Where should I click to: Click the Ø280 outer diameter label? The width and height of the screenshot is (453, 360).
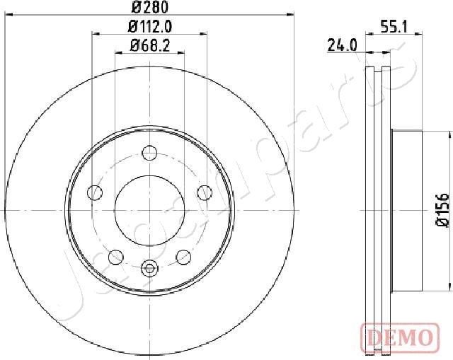pos(149,8)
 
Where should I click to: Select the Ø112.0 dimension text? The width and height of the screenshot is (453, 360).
pos(150,29)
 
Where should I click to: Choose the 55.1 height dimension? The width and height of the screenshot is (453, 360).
pos(394,28)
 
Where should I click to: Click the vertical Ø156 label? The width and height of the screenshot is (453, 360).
pos(442,210)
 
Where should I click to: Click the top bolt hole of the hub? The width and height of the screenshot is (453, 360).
pos(149,152)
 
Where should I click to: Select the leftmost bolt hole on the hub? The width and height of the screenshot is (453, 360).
pos(94,192)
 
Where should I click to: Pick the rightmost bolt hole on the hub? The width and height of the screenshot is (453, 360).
pos(205,192)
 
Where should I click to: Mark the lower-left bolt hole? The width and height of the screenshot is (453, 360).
pos(115,257)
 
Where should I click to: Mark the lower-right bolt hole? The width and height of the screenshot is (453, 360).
pos(183,257)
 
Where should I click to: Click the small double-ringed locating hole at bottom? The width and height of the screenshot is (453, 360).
pos(149,267)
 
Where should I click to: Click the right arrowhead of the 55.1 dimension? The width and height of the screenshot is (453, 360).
pos(419,33)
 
